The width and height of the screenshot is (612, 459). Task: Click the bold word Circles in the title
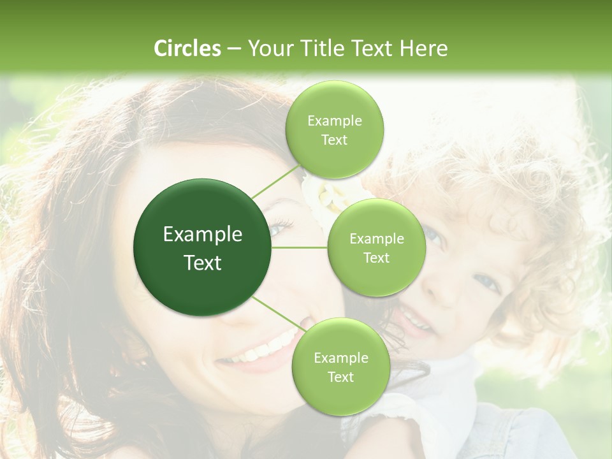[x=187, y=48]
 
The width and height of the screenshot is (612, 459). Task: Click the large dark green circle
[x=202, y=247]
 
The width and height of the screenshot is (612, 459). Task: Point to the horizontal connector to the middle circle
[x=300, y=247]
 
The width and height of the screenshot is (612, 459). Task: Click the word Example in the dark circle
[x=203, y=235]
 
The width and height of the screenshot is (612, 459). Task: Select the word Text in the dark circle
[x=203, y=263]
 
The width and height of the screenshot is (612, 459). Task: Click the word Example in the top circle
[x=335, y=121]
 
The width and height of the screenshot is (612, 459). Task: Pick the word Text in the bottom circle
[x=340, y=377]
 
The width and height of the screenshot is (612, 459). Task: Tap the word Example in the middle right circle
[x=377, y=239]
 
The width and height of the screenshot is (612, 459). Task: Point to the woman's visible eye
[x=280, y=226]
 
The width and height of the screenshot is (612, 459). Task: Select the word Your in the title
[x=264, y=48]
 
